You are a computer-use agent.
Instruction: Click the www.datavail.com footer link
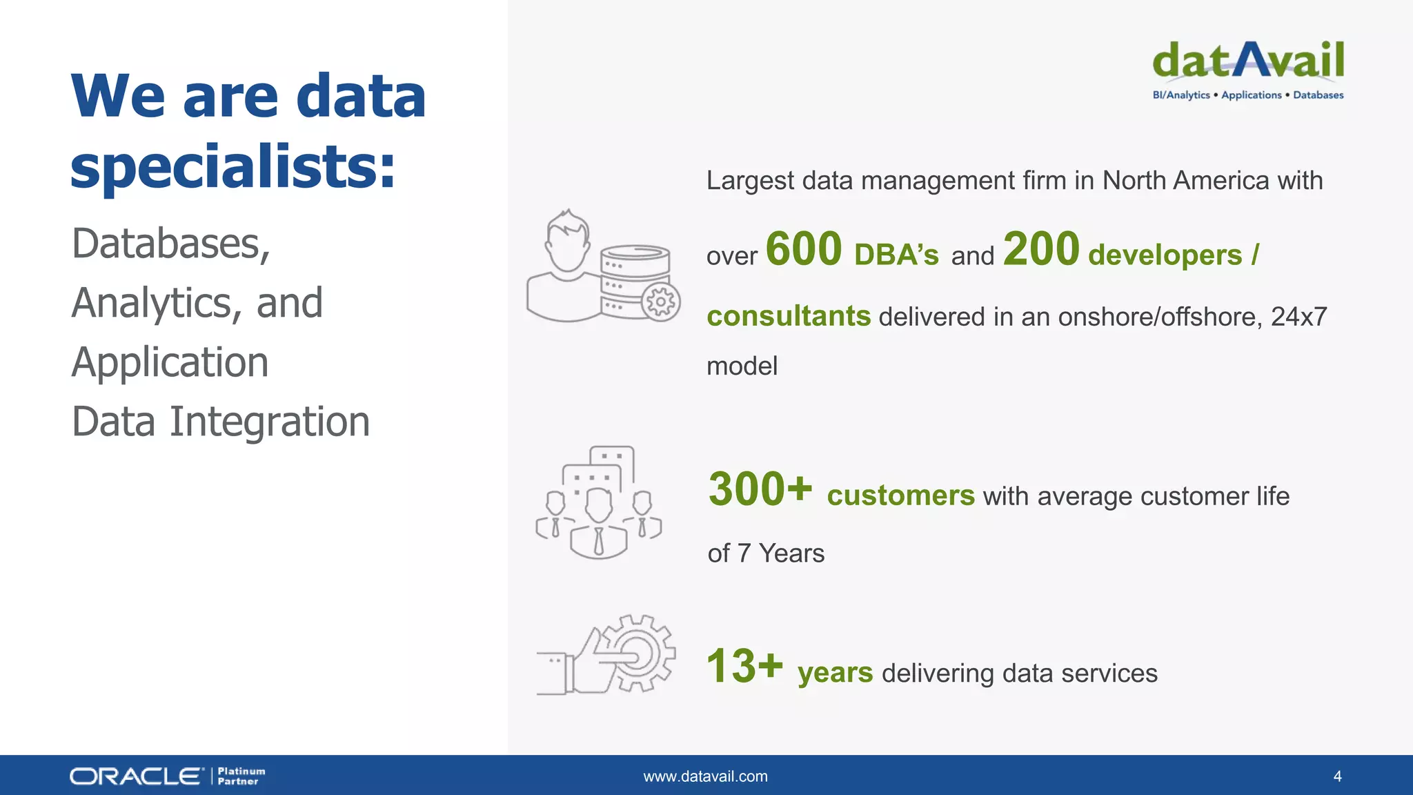tap(705, 776)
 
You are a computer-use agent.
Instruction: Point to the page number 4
tap(1337, 776)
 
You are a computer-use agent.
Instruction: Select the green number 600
tap(804, 249)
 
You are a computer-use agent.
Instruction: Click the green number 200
tap(1041, 249)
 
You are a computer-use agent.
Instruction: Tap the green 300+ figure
tap(760, 489)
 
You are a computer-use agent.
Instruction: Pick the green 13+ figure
tap(744, 667)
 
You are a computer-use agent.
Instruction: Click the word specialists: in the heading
tap(233, 167)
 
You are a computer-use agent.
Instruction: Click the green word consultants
tap(789, 316)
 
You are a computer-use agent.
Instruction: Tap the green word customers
tap(900, 495)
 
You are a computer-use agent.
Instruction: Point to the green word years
tap(835, 673)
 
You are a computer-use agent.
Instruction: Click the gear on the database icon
tap(661, 302)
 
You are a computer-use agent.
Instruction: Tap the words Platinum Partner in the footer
tap(241, 776)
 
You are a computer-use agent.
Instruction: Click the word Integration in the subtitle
tap(270, 422)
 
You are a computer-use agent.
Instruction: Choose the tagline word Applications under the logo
tap(1251, 95)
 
